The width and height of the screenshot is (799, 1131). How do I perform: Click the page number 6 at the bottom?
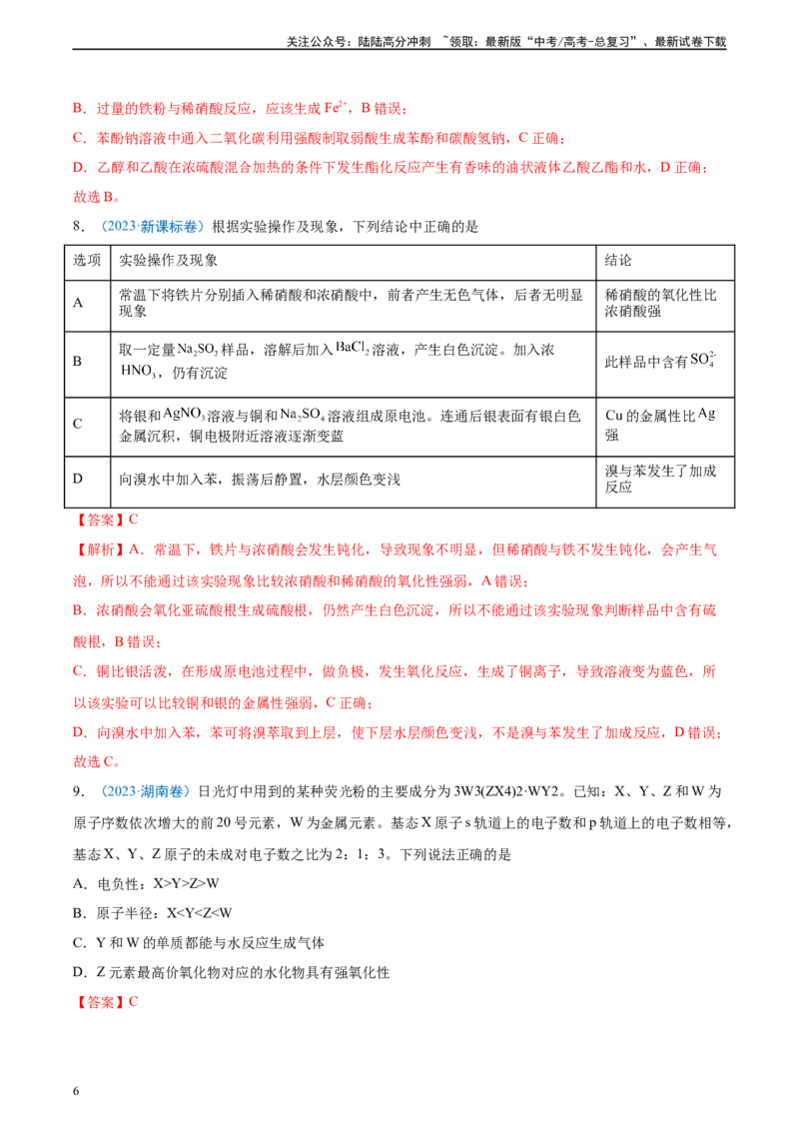tap(76, 1091)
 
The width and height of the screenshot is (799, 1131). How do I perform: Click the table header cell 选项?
tap(87, 260)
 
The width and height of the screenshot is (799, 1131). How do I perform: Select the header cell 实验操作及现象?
tap(168, 260)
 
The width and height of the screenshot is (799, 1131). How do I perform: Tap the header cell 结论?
tap(618, 260)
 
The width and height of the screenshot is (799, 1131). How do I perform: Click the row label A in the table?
tap(77, 303)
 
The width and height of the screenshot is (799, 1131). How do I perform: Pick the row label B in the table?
tap(77, 361)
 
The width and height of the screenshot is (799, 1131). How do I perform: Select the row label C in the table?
tap(77, 424)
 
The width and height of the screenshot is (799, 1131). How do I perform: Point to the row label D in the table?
tap(77, 479)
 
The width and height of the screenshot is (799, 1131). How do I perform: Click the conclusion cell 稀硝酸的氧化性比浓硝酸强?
tap(660, 303)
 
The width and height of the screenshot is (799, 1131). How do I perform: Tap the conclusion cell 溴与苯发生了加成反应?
tap(660, 479)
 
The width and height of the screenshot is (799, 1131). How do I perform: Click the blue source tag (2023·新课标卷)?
tap(152, 227)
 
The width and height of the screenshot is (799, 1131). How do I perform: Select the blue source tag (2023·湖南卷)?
tap(145, 791)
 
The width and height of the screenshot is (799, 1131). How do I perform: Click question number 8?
tap(79, 227)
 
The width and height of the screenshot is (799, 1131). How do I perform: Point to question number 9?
tap(79, 791)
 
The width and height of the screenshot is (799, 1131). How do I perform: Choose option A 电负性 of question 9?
tap(146, 883)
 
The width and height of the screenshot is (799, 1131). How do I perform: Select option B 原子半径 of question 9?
tap(152, 913)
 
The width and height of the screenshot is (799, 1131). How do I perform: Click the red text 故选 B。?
tap(97, 196)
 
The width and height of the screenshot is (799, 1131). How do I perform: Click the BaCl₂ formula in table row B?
tap(353, 348)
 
